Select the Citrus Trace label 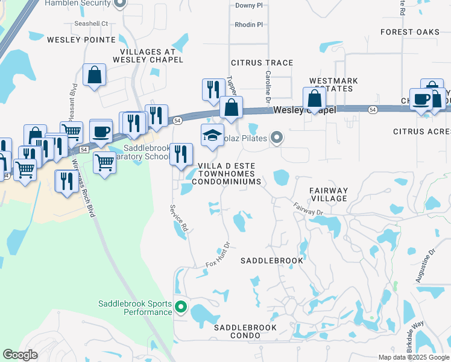tap(262, 63)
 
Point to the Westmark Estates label tap(333, 84)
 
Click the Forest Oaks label tap(410, 32)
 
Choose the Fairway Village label tap(329, 194)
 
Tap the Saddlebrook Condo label tap(245, 328)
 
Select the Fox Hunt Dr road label tap(218, 255)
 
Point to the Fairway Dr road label tap(309, 209)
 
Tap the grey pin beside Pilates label tap(277, 138)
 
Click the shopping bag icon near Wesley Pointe tap(95, 75)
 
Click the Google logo tap(20, 355)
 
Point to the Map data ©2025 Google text tap(413, 357)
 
